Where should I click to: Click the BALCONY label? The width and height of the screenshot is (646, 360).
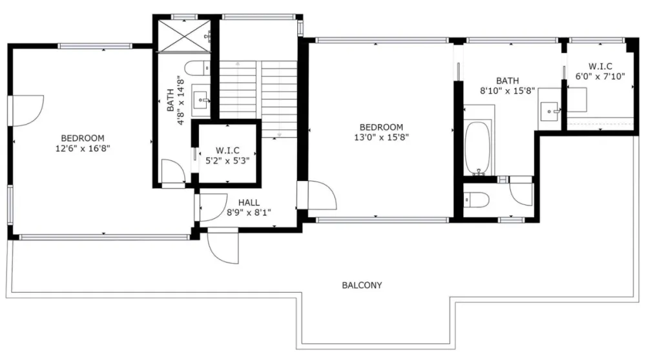[x=362, y=286]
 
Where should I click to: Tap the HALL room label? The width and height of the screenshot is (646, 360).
[x=249, y=202]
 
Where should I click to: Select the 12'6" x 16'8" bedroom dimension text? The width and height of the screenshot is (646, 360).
[x=83, y=149]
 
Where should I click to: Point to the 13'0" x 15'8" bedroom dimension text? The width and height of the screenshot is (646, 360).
[x=382, y=137]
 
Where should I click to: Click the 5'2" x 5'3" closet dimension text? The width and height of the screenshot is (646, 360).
[x=227, y=161]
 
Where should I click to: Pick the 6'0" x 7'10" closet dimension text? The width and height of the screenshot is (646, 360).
[x=600, y=76]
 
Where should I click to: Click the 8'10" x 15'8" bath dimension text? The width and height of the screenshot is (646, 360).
[x=507, y=90]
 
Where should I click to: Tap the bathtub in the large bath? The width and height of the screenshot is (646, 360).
[x=478, y=148]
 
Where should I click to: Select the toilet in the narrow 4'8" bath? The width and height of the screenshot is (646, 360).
[x=197, y=68]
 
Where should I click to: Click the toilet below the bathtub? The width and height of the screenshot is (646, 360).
[x=476, y=200]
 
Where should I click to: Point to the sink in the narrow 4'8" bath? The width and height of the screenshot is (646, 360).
[x=202, y=100]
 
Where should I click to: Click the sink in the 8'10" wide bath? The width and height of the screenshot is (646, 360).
[x=550, y=111]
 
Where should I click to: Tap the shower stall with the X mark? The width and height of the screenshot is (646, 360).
[x=184, y=36]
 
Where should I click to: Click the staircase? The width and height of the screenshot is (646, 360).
[x=258, y=99]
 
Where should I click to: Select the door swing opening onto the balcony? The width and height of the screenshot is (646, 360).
[x=223, y=247]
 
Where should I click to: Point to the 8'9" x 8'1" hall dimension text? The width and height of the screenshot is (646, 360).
[x=249, y=213]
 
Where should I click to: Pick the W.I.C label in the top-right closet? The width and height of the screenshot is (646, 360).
[x=600, y=66]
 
